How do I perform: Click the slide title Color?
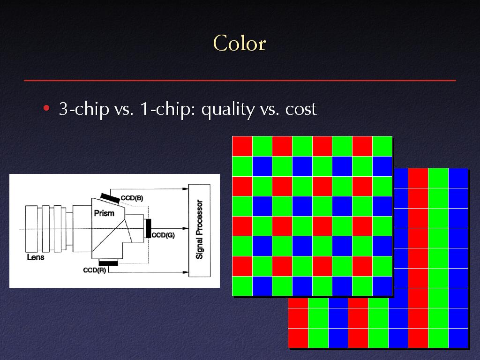240,43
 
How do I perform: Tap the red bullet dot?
46,108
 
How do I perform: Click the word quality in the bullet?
228,109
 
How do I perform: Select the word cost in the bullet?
300,109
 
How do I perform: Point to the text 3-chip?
84,109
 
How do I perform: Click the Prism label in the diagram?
104,213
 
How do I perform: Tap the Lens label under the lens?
36,257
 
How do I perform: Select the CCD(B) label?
132,198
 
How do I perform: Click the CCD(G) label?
163,235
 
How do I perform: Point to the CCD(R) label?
95,270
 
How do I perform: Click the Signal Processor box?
199,230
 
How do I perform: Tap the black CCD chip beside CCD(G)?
148,228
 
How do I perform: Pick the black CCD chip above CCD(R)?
108,263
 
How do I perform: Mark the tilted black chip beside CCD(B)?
110,198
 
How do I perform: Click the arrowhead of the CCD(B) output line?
186,189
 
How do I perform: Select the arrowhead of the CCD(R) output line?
186,272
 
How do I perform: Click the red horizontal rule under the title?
240,81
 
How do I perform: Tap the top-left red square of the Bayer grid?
242,146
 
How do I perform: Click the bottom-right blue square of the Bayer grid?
382,286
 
